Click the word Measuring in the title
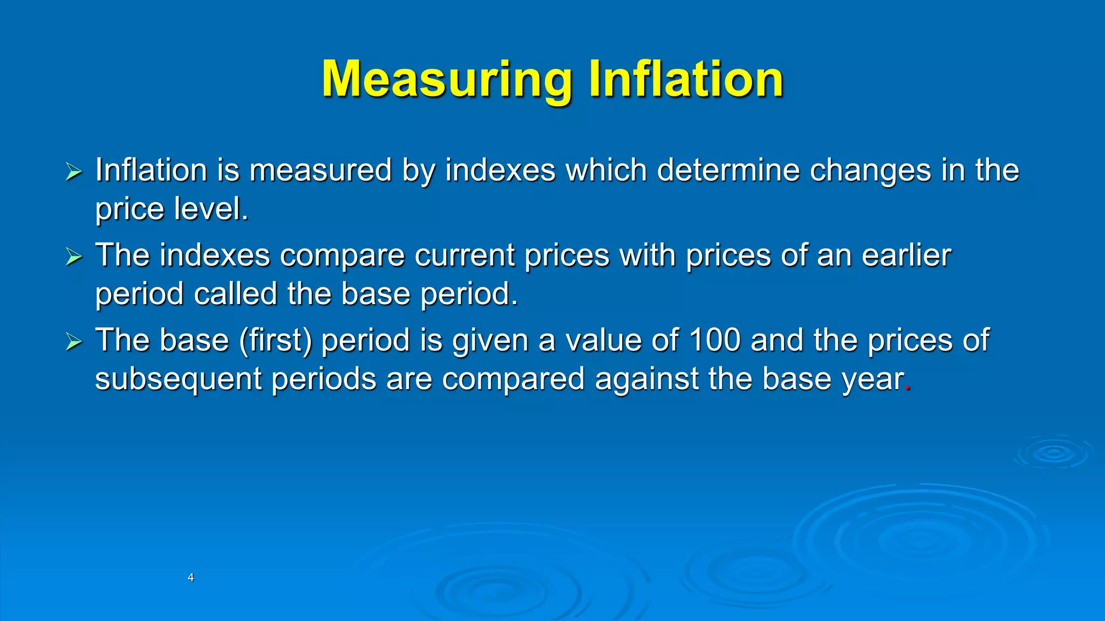pos(446,79)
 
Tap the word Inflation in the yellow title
pos(686,79)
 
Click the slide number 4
pos(190,577)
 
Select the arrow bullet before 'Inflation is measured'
pos(73,172)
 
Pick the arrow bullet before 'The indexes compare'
pos(73,257)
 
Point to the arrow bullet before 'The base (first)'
pos(73,342)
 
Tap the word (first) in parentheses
pos(275,341)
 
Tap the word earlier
pos(906,256)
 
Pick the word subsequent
pos(178,379)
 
